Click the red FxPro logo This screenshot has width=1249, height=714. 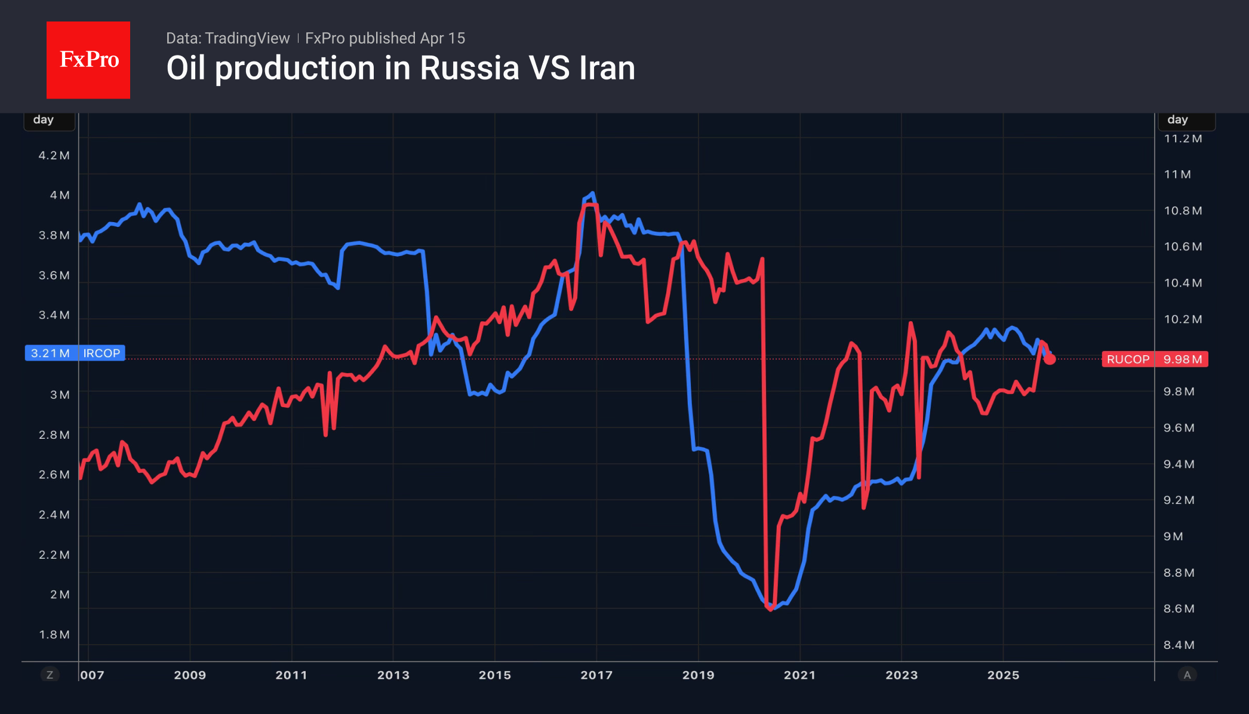click(88, 60)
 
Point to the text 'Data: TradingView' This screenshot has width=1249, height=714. click(227, 38)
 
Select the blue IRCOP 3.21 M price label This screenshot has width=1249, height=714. click(75, 353)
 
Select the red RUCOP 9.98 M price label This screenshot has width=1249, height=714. click(1154, 359)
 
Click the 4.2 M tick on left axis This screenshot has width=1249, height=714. click(54, 155)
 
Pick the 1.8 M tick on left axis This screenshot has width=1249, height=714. click(54, 634)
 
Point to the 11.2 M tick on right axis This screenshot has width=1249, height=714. click(1182, 139)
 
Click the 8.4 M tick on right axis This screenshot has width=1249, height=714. click(1179, 645)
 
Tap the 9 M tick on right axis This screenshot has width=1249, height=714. click(1173, 536)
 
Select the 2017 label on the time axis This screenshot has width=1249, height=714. click(596, 675)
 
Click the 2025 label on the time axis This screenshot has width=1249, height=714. click(1003, 675)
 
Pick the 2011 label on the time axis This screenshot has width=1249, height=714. click(291, 675)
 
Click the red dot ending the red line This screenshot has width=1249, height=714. click(1050, 359)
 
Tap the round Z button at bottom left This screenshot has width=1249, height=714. click(50, 675)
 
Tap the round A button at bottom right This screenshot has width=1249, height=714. click(1187, 675)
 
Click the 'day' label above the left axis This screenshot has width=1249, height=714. click(44, 119)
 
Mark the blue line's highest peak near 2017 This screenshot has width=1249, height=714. click(592, 193)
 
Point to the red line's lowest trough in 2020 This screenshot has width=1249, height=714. click(770, 608)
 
